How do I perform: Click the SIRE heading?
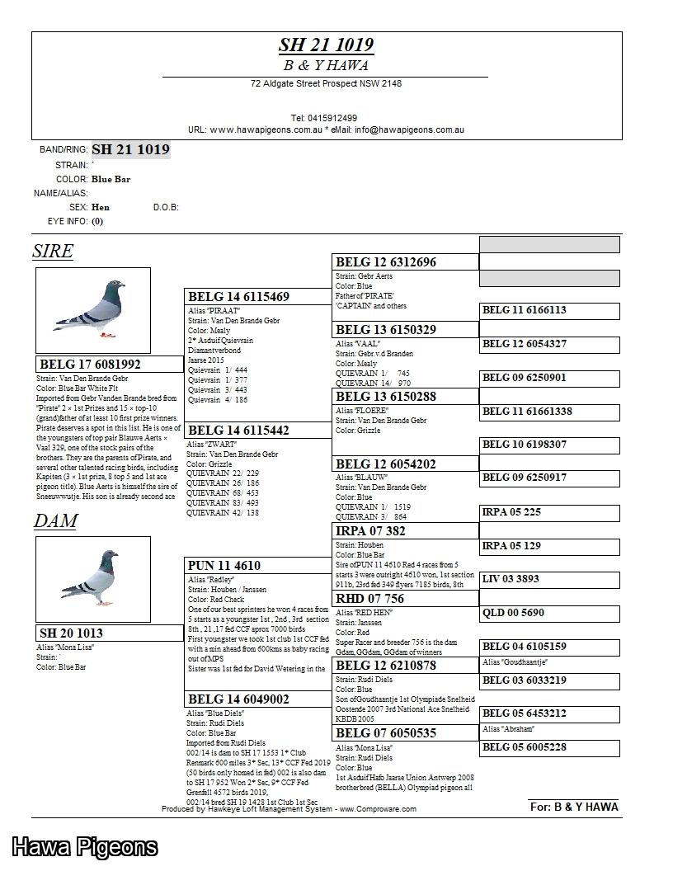(53, 251)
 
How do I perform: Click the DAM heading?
(55, 520)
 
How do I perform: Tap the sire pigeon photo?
(93, 310)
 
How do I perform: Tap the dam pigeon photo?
(93, 579)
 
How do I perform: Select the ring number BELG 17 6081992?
(91, 364)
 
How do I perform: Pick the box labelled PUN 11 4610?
(224, 565)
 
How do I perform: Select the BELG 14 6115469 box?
(239, 296)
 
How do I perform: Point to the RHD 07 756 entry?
(370, 598)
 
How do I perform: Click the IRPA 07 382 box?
(371, 530)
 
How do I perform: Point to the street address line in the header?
(326, 83)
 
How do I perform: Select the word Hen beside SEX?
(101, 207)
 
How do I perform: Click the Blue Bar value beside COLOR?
(111, 179)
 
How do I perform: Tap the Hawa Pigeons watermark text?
(84, 846)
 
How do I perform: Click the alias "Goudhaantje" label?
(515, 662)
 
